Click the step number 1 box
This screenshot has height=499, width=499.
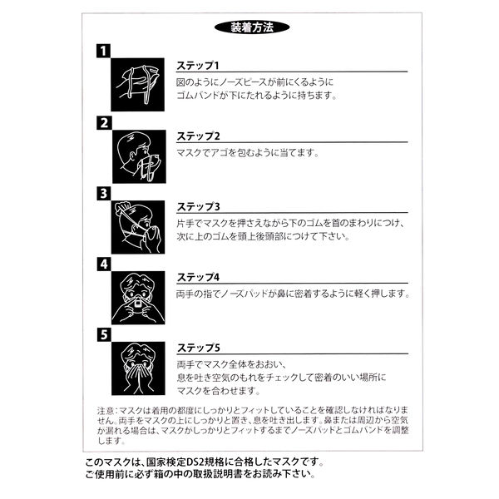103,52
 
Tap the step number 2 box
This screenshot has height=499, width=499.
103,123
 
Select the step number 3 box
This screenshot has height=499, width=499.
103,194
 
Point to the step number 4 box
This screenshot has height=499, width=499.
103,264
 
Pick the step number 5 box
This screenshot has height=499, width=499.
103,335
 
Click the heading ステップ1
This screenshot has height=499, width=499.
198,66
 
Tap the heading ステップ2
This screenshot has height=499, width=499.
198,136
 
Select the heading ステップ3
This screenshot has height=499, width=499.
198,207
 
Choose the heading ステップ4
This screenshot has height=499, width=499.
198,278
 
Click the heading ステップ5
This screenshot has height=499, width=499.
198,348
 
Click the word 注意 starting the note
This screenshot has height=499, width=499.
106,410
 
